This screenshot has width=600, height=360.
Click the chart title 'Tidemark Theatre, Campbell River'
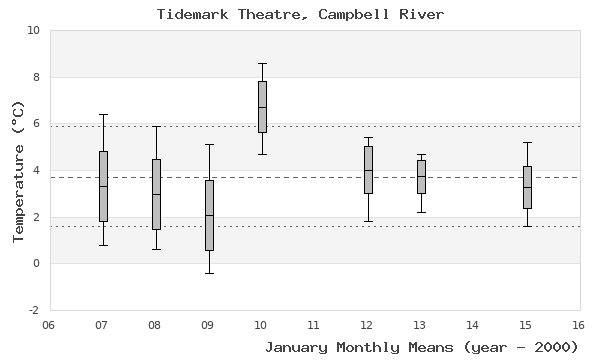point(301,14)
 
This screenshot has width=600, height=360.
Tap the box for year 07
point(103,186)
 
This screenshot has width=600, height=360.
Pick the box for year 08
point(156,194)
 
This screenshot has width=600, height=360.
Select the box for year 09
point(209,215)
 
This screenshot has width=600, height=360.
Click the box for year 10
point(262,107)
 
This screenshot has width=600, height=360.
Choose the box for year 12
point(368,170)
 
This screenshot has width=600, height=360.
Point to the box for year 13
point(421,177)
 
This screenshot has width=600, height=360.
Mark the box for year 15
point(527,187)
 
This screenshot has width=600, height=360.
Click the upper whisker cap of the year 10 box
point(262,63)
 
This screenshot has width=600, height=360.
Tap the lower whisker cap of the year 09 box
point(209,273)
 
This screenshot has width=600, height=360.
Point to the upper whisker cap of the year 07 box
point(103,114)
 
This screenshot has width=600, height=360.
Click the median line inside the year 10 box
point(262,107)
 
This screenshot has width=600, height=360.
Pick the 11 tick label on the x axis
point(313,325)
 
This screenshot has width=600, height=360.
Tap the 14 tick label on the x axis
point(472,325)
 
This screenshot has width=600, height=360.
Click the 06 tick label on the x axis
point(49,325)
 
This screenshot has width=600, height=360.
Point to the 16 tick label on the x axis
point(578,325)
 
